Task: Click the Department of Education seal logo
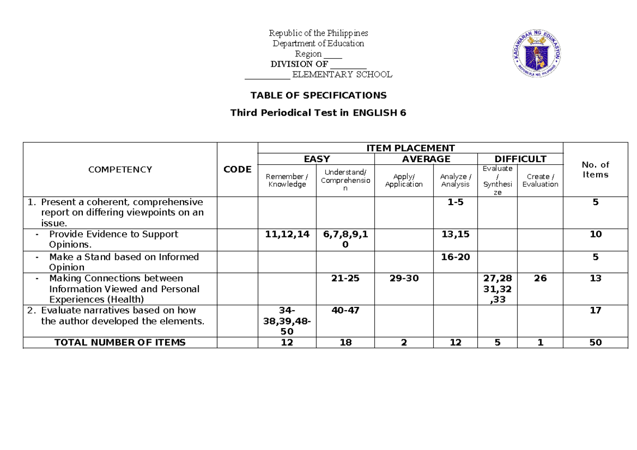[537, 53]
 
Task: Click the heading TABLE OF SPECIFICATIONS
[318, 95]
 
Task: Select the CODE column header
[237, 170]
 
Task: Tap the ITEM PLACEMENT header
[410, 148]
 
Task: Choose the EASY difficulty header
[316, 159]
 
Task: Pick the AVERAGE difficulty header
[426, 159]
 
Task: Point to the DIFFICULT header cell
[520, 159]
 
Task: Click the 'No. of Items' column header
[595, 170]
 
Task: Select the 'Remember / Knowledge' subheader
[287, 180]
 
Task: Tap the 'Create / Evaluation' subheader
[540, 180]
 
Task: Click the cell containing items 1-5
[455, 202]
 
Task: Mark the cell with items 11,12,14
[287, 234]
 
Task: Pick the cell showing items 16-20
[455, 257]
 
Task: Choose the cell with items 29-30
[403, 278]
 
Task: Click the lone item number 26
[540, 278]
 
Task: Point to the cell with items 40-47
[345, 310]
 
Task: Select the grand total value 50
[595, 342]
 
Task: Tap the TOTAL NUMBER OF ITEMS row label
[120, 342]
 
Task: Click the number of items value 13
[595, 278]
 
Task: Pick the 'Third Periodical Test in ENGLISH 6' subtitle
[318, 113]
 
